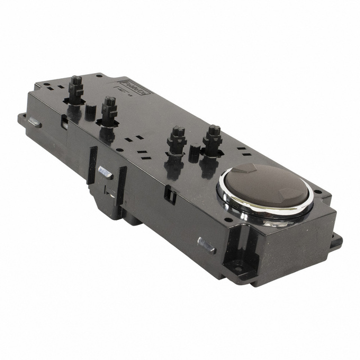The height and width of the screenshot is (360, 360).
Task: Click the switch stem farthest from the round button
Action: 76,90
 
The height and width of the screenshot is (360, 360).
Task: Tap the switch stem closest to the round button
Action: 213,141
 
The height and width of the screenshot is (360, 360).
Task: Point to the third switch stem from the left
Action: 177,141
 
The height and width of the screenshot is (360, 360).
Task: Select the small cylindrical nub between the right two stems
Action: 195,152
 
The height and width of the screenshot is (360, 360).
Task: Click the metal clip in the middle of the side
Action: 105,172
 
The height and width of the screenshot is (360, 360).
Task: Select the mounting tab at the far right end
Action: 336,242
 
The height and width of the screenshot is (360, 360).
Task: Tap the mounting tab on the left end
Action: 22,119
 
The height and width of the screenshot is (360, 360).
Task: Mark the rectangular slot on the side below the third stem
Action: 169,195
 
